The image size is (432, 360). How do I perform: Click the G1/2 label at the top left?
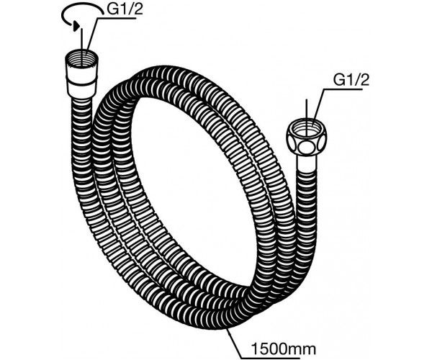coord(125,10)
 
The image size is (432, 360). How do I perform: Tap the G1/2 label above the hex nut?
coord(351,80)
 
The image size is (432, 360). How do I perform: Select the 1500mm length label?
coord(284,349)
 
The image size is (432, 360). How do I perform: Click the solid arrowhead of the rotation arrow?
coord(76,27)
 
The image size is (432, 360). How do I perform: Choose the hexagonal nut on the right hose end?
coord(307,136)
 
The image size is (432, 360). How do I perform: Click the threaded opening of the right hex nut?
coord(307,127)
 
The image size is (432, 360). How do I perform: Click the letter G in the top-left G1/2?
coord(112,11)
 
